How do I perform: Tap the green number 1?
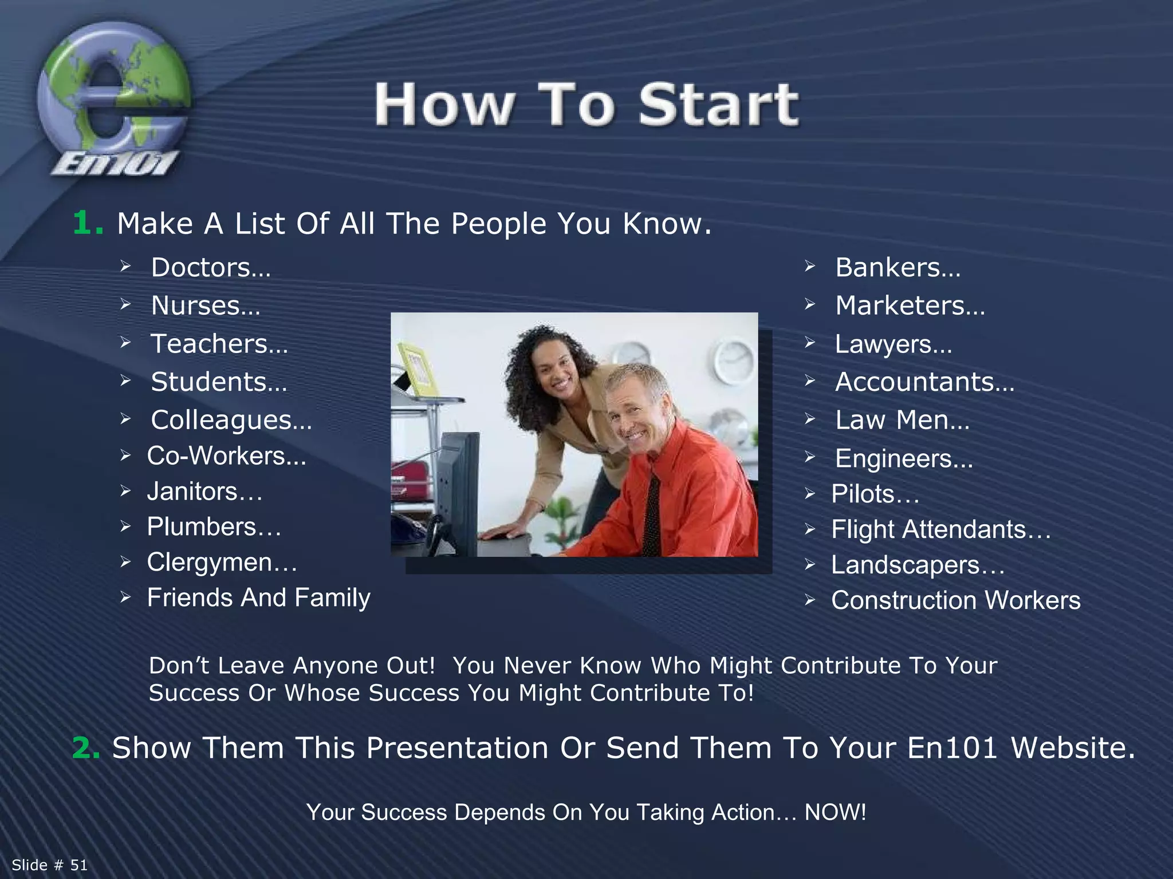coord(87,223)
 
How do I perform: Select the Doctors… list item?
coord(210,267)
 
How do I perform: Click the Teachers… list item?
coord(219,344)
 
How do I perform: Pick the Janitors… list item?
coord(204,492)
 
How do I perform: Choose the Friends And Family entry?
coord(258,597)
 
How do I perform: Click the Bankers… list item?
coord(898,267)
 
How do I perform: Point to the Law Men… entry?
coord(902,420)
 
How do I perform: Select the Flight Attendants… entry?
coord(940,529)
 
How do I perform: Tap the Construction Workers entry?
coord(955,600)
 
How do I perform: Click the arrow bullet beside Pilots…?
coord(809,493)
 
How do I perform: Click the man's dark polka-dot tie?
coord(652,515)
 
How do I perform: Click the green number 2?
coord(86,748)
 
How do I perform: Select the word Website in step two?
coord(1072,748)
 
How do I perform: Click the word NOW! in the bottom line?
coord(835,813)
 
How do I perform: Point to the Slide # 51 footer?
coord(50,865)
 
